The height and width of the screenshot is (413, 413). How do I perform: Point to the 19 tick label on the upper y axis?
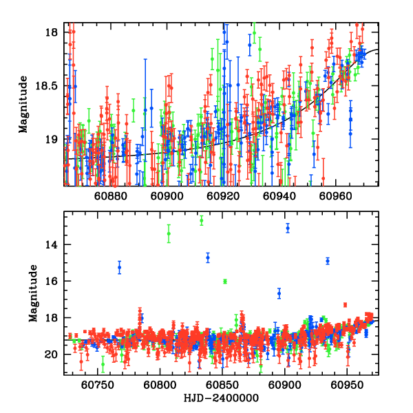click(53, 139)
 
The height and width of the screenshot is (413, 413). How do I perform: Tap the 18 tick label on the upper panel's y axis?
click(53, 33)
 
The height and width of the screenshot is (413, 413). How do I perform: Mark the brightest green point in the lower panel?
click(202, 221)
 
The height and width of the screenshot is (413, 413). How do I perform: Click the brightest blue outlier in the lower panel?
click(288, 228)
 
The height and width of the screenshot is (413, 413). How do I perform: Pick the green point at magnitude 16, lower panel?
click(225, 282)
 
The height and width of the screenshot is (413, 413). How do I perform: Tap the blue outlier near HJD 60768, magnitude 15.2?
click(119, 267)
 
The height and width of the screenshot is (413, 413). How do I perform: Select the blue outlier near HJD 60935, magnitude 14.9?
click(328, 261)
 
